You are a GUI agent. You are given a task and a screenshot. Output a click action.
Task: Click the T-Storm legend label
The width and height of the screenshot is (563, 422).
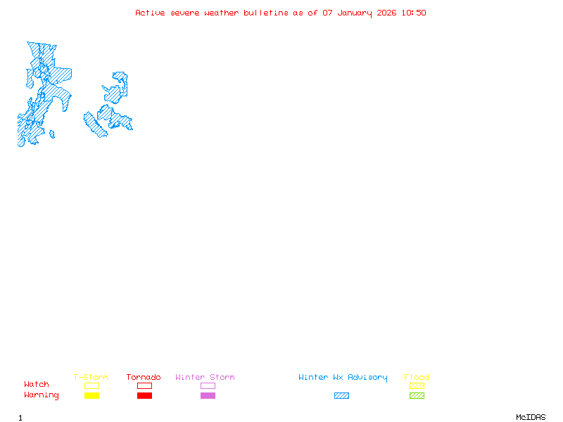click(x=91, y=378)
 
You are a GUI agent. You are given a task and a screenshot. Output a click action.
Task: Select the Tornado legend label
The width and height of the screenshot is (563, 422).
click(x=144, y=378)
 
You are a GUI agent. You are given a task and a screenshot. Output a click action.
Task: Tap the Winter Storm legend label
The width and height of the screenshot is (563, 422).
click(x=205, y=378)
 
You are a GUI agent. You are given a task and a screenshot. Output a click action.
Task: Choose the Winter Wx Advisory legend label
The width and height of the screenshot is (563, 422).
click(x=343, y=378)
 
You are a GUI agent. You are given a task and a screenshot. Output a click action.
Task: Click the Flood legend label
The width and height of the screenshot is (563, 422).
click(x=417, y=378)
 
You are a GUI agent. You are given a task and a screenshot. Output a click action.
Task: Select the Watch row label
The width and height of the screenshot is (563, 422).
click(x=37, y=385)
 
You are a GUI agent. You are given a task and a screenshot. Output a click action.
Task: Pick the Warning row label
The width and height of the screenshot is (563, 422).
click(x=41, y=395)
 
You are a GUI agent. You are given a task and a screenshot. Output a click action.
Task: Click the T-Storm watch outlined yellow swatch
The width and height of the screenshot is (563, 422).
click(x=91, y=385)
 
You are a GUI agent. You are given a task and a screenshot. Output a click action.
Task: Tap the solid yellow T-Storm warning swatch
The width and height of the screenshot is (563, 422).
click(x=91, y=396)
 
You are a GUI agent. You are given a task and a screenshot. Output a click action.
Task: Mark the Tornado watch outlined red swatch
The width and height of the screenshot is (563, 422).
click(x=144, y=385)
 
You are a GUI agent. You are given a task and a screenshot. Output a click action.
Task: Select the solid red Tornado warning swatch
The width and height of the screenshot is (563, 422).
click(x=144, y=396)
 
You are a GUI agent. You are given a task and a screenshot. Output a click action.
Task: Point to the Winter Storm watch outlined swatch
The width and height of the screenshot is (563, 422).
click(x=208, y=385)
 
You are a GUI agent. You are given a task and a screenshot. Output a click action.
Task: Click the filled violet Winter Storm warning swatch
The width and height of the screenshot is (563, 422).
click(x=208, y=396)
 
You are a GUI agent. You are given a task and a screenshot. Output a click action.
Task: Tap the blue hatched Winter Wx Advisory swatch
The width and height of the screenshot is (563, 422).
click(x=341, y=396)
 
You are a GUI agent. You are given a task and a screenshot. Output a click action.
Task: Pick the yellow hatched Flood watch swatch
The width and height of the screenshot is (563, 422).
click(x=417, y=385)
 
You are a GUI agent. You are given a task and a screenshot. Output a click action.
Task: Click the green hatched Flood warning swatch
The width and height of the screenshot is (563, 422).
click(x=417, y=396)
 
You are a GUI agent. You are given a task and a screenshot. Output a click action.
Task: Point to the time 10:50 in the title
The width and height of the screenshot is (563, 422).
click(x=414, y=13)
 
